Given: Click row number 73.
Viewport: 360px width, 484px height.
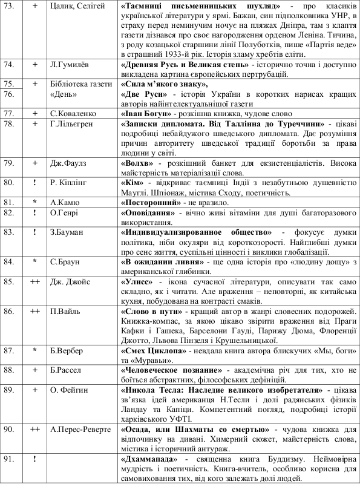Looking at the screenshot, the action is point(9,5).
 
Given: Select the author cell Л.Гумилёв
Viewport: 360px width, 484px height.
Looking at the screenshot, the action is point(68,64).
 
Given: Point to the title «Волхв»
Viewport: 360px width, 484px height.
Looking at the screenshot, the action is point(136,162).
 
